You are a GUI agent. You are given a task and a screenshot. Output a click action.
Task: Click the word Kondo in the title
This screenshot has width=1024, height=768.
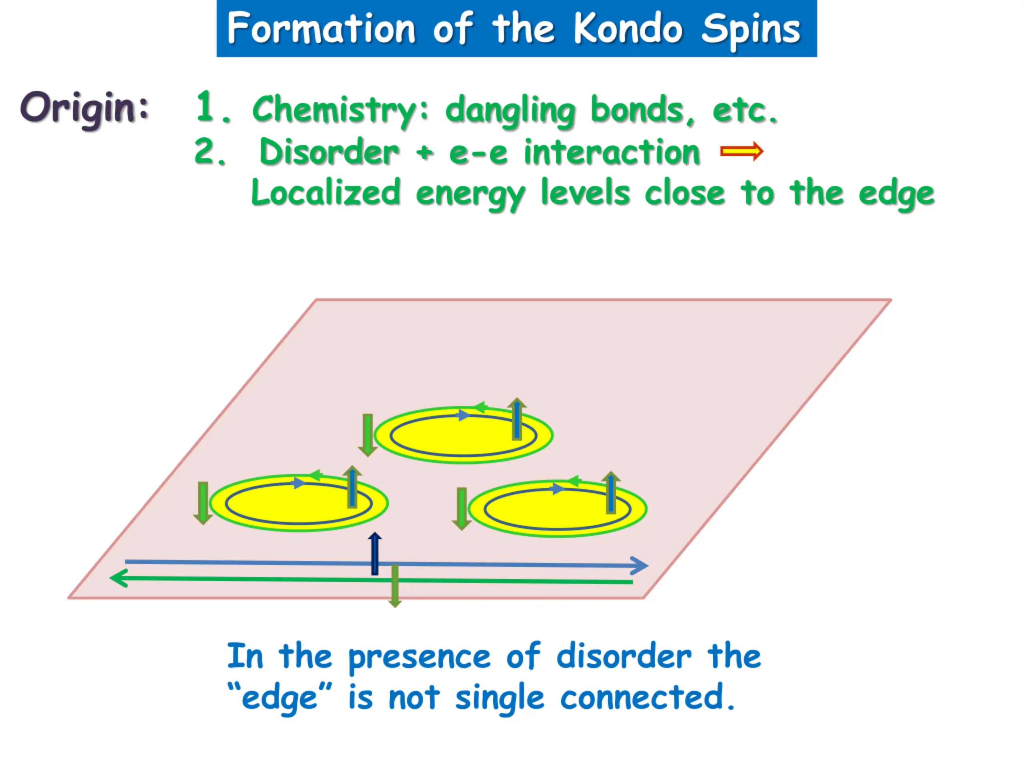point(628,29)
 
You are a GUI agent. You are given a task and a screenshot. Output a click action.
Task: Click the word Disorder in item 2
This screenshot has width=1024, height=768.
point(329,152)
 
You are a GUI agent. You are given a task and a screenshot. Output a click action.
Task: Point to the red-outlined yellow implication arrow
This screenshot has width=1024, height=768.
point(741,151)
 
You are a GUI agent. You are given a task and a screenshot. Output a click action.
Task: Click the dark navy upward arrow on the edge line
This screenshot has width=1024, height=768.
point(374,554)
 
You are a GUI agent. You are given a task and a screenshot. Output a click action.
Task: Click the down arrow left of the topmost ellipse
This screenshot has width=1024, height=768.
point(368,435)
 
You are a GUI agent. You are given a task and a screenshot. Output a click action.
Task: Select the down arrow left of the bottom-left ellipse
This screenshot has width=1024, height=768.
point(203,503)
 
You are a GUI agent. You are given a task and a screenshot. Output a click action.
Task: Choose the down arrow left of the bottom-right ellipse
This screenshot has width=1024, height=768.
point(461,508)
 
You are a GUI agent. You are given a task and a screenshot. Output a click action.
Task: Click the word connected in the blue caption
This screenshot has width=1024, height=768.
point(642,698)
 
